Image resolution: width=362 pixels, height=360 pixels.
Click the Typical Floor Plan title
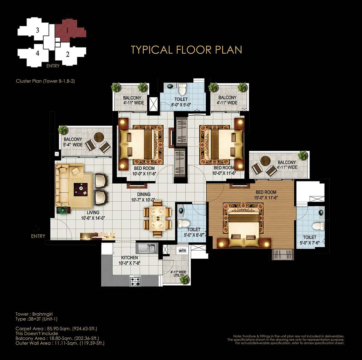[x=186, y=50]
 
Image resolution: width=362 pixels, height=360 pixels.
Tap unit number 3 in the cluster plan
[x=38, y=30]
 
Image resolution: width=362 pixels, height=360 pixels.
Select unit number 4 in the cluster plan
[x=38, y=53]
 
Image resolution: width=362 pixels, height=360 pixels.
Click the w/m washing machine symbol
[x=182, y=250]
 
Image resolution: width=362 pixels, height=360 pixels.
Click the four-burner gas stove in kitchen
[x=135, y=281]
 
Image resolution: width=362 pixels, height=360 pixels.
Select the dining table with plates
[x=157, y=218]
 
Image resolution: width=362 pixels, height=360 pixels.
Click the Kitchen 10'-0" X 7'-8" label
[x=130, y=261]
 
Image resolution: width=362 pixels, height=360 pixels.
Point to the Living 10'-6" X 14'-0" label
[x=93, y=215]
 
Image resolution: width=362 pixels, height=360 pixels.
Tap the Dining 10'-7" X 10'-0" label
[x=144, y=197]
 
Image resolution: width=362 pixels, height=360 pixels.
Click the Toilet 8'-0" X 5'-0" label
[x=181, y=102]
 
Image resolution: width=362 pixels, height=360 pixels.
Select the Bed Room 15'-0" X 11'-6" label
[x=266, y=195]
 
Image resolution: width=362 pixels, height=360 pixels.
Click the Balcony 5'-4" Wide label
[x=73, y=142]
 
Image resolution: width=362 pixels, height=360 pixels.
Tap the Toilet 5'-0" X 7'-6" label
[x=310, y=240]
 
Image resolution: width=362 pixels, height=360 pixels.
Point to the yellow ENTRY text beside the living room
[x=38, y=236]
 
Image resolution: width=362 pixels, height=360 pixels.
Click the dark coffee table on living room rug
[x=81, y=189]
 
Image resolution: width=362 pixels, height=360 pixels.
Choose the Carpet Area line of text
[x=56, y=329]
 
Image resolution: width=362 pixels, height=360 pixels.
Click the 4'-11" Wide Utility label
[x=178, y=273]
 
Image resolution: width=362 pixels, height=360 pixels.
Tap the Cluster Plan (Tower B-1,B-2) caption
[x=46, y=81]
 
